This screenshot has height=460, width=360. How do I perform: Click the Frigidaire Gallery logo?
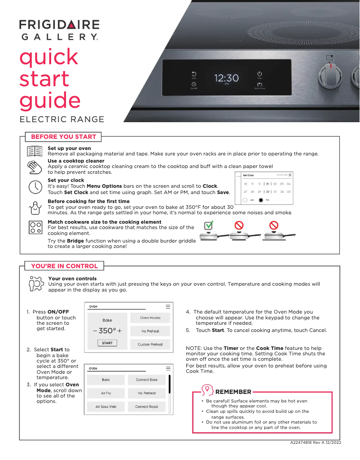coord(59,30)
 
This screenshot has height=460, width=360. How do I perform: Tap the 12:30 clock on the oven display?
coord(226,79)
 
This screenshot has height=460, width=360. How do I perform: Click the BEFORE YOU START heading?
coord(63,137)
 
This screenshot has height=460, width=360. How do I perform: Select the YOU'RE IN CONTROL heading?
coord(64,266)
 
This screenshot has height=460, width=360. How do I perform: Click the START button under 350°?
coord(107,343)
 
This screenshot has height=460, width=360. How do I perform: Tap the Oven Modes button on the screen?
coord(150,318)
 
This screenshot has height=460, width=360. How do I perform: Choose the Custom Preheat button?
coord(150,345)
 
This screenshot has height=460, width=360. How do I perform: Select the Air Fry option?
coord(105,393)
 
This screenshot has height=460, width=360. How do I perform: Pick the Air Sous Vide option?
coord(105,407)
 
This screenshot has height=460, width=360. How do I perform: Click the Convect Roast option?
coord(147,407)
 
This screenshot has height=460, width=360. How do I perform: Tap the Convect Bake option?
coord(147,380)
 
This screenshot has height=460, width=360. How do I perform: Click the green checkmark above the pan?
coord(208,225)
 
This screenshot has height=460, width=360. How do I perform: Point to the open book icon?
coord(35,151)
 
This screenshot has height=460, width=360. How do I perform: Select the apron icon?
coord(35,208)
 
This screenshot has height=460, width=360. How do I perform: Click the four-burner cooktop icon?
coord(35,228)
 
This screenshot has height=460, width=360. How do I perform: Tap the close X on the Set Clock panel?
coord(290,175)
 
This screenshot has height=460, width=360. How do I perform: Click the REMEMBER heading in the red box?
coord(233,392)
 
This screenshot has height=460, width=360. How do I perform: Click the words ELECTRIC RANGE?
coord(62,119)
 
